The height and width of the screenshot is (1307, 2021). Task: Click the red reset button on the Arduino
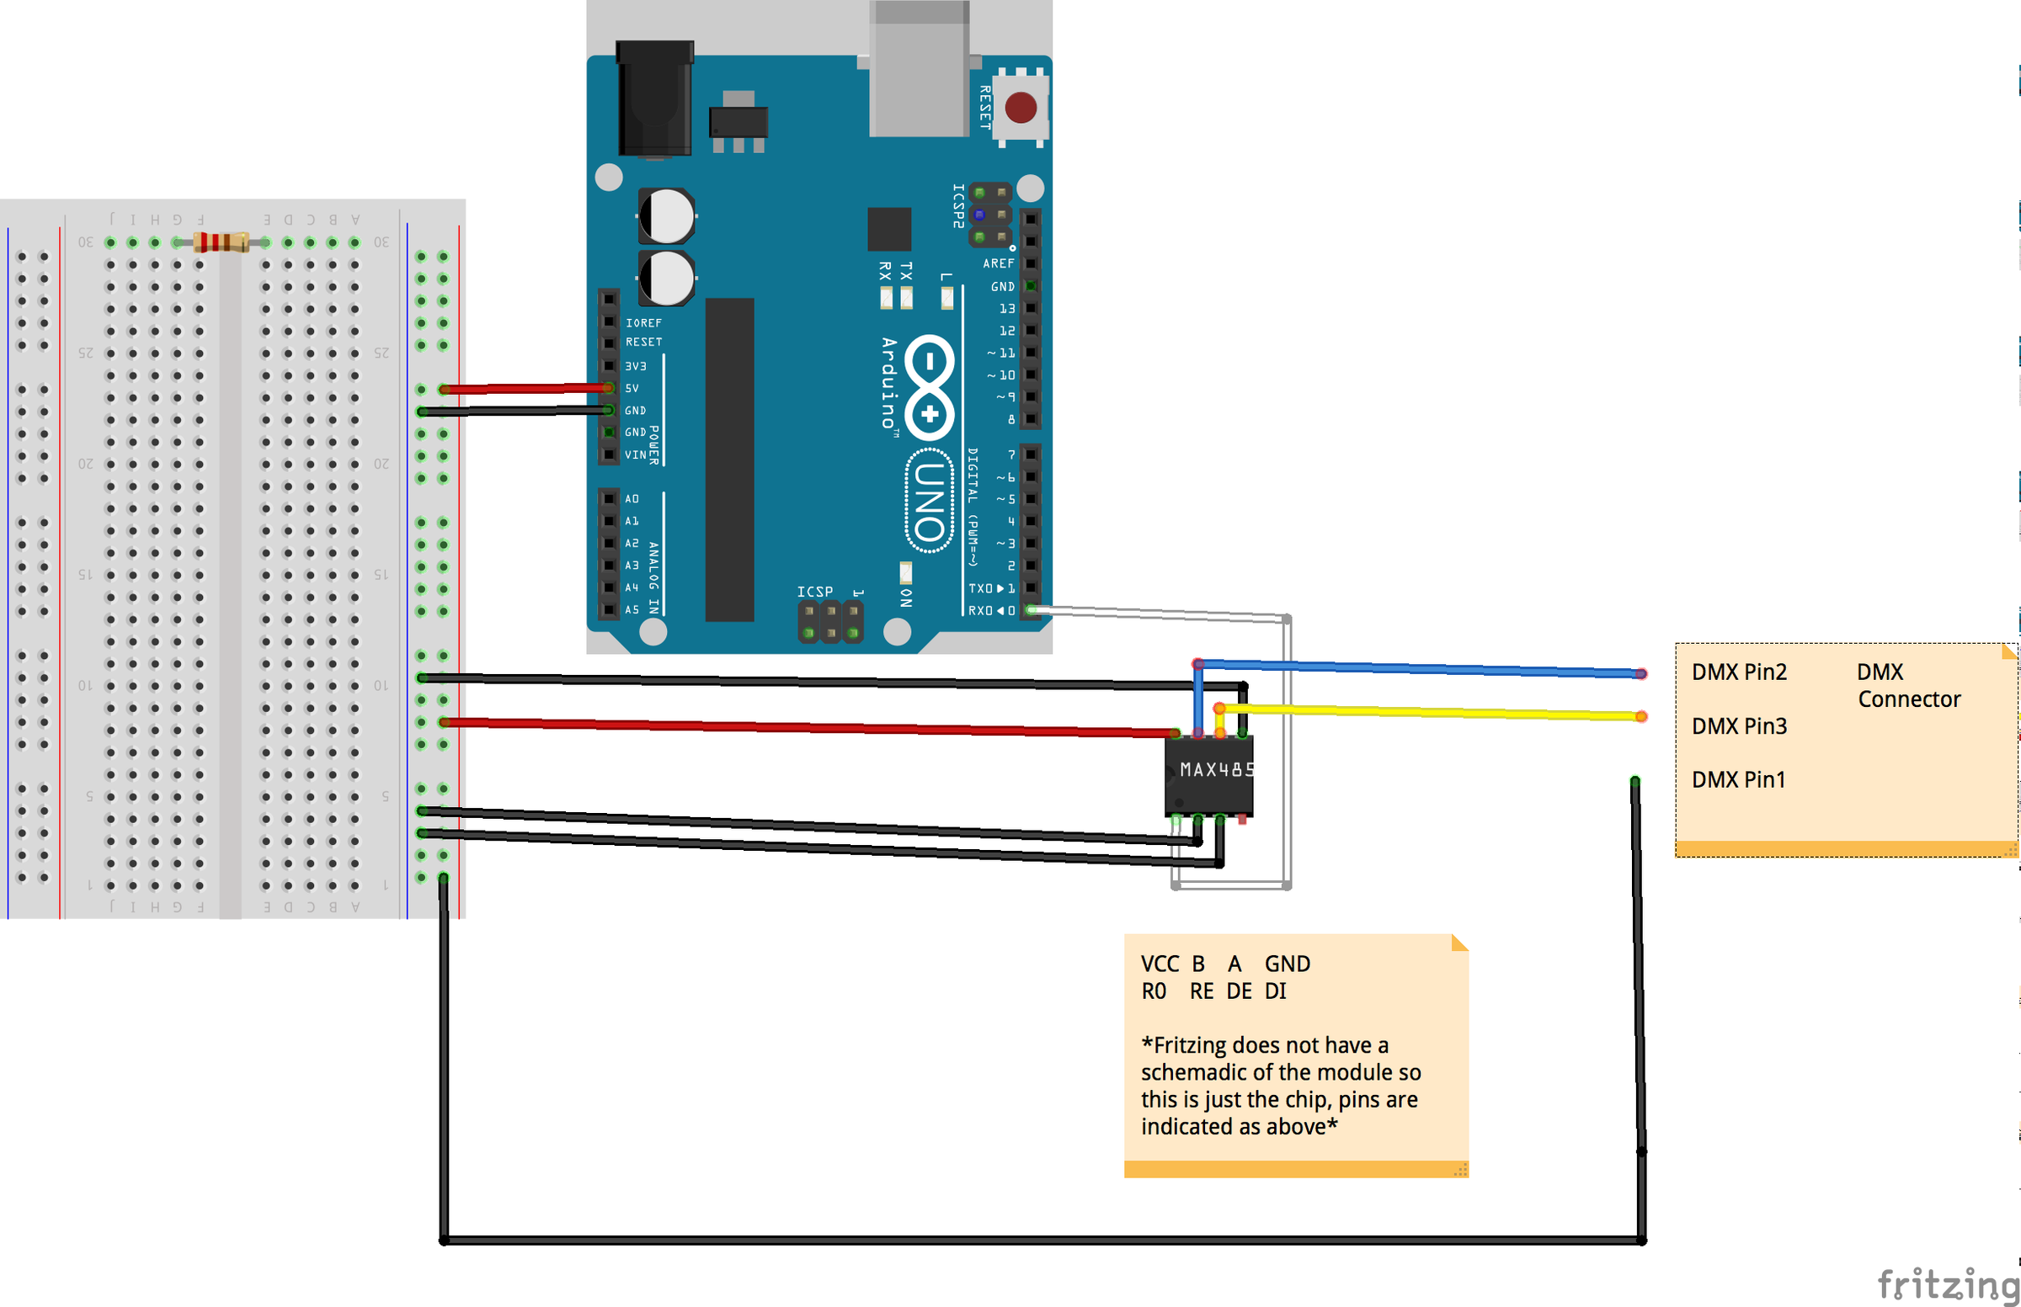1020,108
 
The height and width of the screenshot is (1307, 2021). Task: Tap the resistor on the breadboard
221,242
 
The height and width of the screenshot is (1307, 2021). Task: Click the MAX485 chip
1209,774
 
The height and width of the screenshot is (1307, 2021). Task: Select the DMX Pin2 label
1738,672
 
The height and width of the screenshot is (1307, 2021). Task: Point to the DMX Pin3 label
1738,726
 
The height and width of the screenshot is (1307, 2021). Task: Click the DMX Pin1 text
1737,780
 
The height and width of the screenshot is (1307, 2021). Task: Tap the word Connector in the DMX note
1908,699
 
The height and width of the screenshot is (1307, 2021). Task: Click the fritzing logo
1947,1283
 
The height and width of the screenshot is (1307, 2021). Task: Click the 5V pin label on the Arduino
632,389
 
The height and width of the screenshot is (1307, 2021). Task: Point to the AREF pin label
998,264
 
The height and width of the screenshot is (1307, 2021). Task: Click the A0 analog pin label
632,499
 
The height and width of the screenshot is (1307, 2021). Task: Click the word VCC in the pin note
1159,964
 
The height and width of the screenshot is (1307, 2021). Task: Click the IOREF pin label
643,323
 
